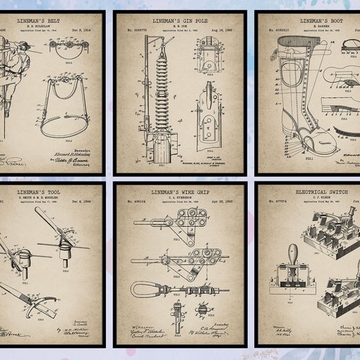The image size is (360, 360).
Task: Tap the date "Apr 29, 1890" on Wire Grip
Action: pyautogui.click(x=222, y=204)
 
